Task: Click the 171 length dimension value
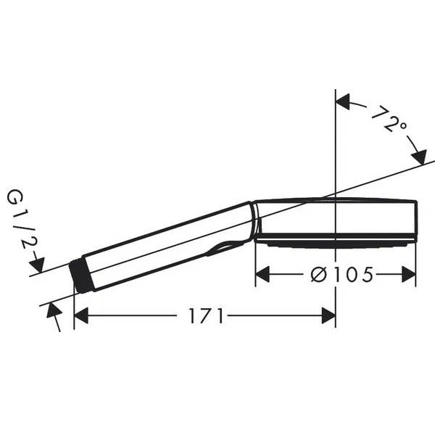click(x=206, y=315)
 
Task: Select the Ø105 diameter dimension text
click(x=341, y=275)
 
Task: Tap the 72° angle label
click(x=389, y=119)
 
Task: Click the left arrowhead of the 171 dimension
click(x=81, y=315)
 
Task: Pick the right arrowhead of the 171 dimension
click(x=328, y=315)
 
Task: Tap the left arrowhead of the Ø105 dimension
click(x=262, y=274)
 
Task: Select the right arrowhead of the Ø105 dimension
click(x=409, y=274)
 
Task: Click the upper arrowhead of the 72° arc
click(x=343, y=101)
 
